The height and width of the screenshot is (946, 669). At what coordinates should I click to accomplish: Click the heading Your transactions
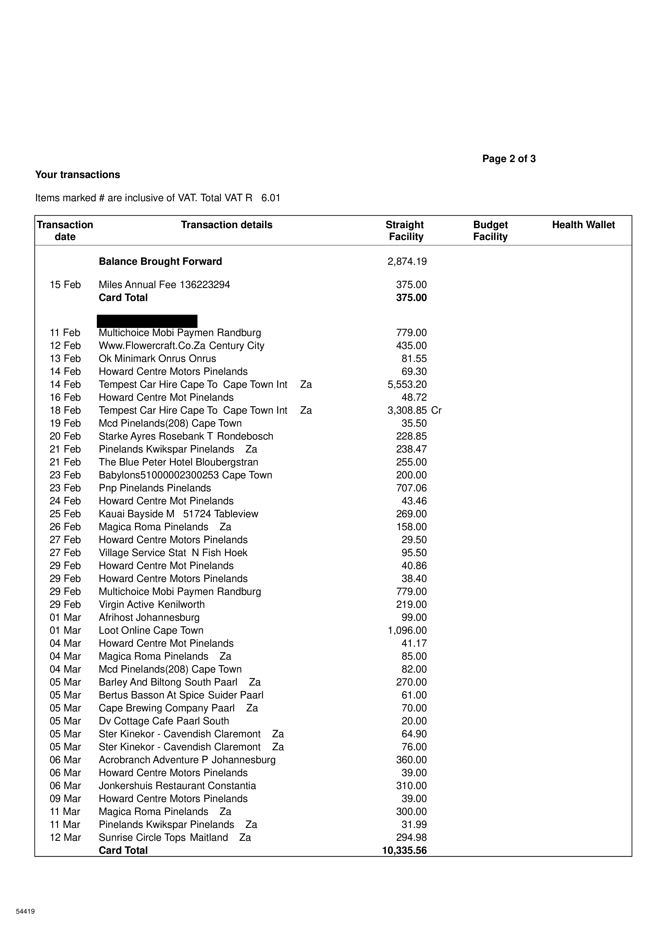77,175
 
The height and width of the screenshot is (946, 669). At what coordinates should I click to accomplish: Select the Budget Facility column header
490,231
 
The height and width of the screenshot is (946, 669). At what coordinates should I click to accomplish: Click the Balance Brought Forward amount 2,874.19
407,262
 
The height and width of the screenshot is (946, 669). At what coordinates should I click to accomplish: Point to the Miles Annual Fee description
164,285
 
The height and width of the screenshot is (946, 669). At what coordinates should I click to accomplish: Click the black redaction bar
147,321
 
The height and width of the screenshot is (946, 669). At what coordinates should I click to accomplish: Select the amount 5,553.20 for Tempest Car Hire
407,385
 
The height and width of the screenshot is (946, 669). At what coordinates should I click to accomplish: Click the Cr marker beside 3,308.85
436,410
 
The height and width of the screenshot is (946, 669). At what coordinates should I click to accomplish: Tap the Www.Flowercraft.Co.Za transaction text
181,346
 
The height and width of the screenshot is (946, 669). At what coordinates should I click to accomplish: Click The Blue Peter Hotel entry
178,462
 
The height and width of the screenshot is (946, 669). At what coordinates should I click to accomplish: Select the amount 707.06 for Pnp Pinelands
411,488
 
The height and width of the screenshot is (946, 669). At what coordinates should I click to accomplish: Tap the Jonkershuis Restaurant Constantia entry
177,786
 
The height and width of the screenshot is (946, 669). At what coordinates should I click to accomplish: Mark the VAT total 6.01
271,198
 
